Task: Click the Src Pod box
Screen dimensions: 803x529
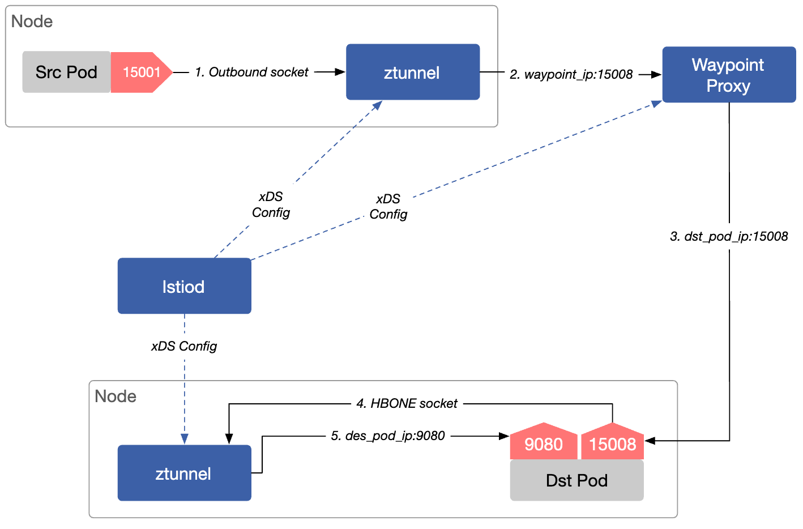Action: pos(66,72)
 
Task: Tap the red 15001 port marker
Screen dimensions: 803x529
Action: pos(141,72)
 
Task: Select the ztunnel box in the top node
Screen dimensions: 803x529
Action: pos(413,72)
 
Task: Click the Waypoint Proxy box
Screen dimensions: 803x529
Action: pos(729,75)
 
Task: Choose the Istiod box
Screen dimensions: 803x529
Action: pos(184,286)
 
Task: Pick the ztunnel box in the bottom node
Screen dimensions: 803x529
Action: pos(184,473)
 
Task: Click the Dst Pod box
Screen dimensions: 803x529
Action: pos(577,480)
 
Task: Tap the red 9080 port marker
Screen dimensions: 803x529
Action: pos(544,442)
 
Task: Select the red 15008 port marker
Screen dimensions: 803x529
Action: pos(612,442)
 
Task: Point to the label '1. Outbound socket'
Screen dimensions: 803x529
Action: pos(251,72)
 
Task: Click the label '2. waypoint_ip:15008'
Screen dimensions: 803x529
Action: pos(571,75)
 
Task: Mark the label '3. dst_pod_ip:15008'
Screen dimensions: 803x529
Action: pos(729,236)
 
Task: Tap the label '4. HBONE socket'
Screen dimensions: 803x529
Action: pos(407,403)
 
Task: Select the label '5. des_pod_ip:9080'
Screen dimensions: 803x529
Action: pos(387,436)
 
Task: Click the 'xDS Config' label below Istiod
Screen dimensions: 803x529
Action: pos(184,346)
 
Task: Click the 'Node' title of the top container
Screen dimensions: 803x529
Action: pos(32,21)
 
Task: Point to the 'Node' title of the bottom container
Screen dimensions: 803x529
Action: pos(116,396)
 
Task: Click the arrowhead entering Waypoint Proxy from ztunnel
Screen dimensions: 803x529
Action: pos(656,75)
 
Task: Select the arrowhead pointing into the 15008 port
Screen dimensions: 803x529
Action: pos(650,441)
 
